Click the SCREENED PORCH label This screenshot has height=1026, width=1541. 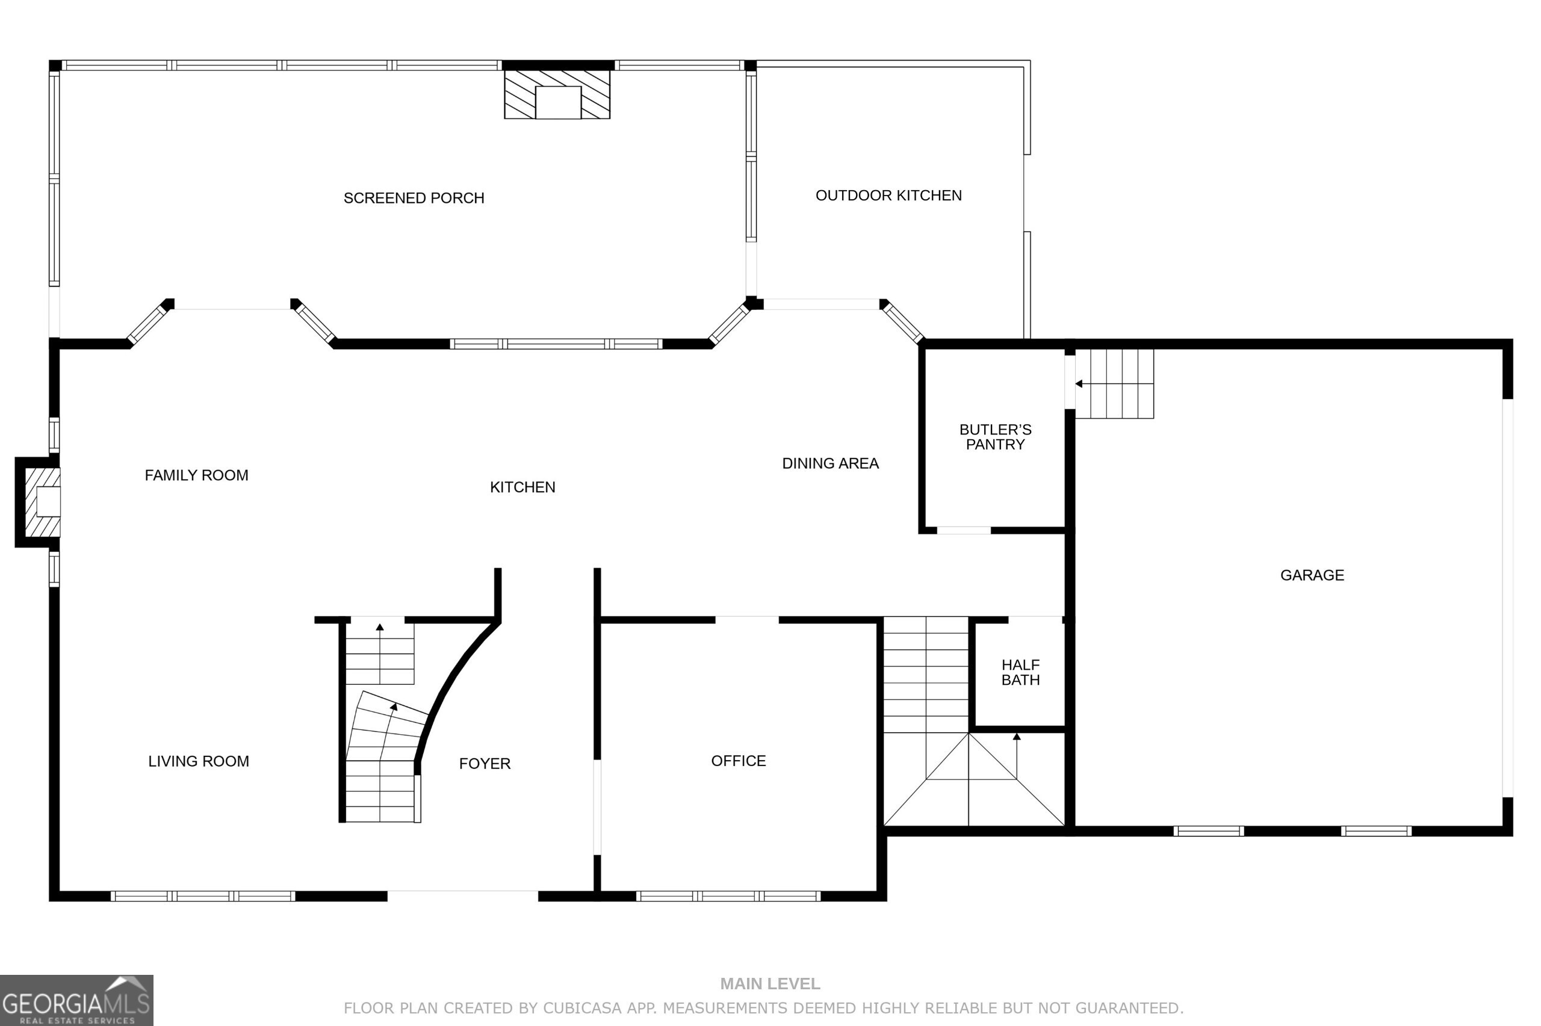[x=414, y=197]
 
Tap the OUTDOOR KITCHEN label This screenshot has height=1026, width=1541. [x=888, y=195]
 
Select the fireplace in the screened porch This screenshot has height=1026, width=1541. [x=557, y=95]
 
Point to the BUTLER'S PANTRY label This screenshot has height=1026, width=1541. [x=994, y=436]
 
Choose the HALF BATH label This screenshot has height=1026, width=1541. [x=1020, y=672]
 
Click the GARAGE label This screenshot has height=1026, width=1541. [x=1311, y=575]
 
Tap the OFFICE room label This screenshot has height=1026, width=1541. [x=738, y=761]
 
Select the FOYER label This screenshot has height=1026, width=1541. [x=484, y=763]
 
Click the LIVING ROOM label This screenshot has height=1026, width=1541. [x=198, y=761]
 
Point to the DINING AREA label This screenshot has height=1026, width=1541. [x=829, y=463]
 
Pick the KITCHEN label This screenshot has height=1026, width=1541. [x=522, y=487]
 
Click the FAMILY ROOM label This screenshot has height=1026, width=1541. [x=196, y=475]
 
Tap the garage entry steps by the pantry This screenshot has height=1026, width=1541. [x=1114, y=383]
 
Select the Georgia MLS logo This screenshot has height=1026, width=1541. [x=76, y=1000]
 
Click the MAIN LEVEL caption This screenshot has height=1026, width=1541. [x=769, y=983]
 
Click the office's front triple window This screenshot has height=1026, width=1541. [x=728, y=896]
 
